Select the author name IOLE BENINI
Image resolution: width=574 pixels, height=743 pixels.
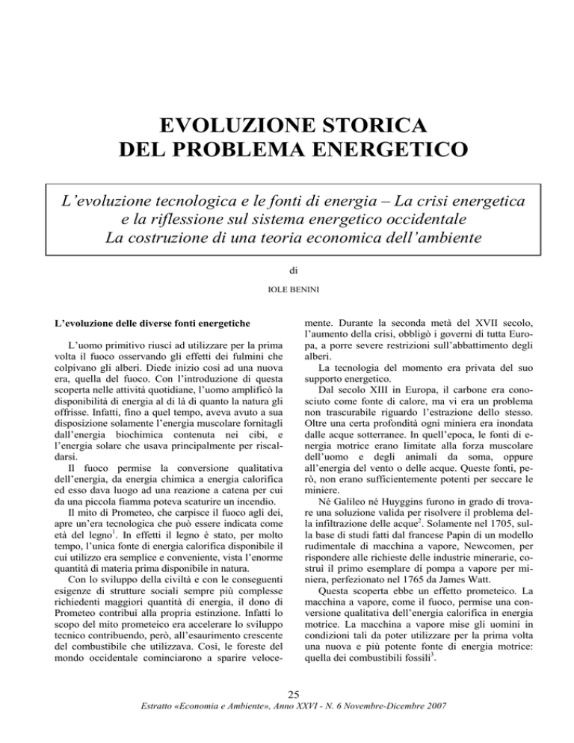click(x=287, y=306)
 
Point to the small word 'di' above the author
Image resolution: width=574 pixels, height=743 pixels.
click(x=287, y=284)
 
